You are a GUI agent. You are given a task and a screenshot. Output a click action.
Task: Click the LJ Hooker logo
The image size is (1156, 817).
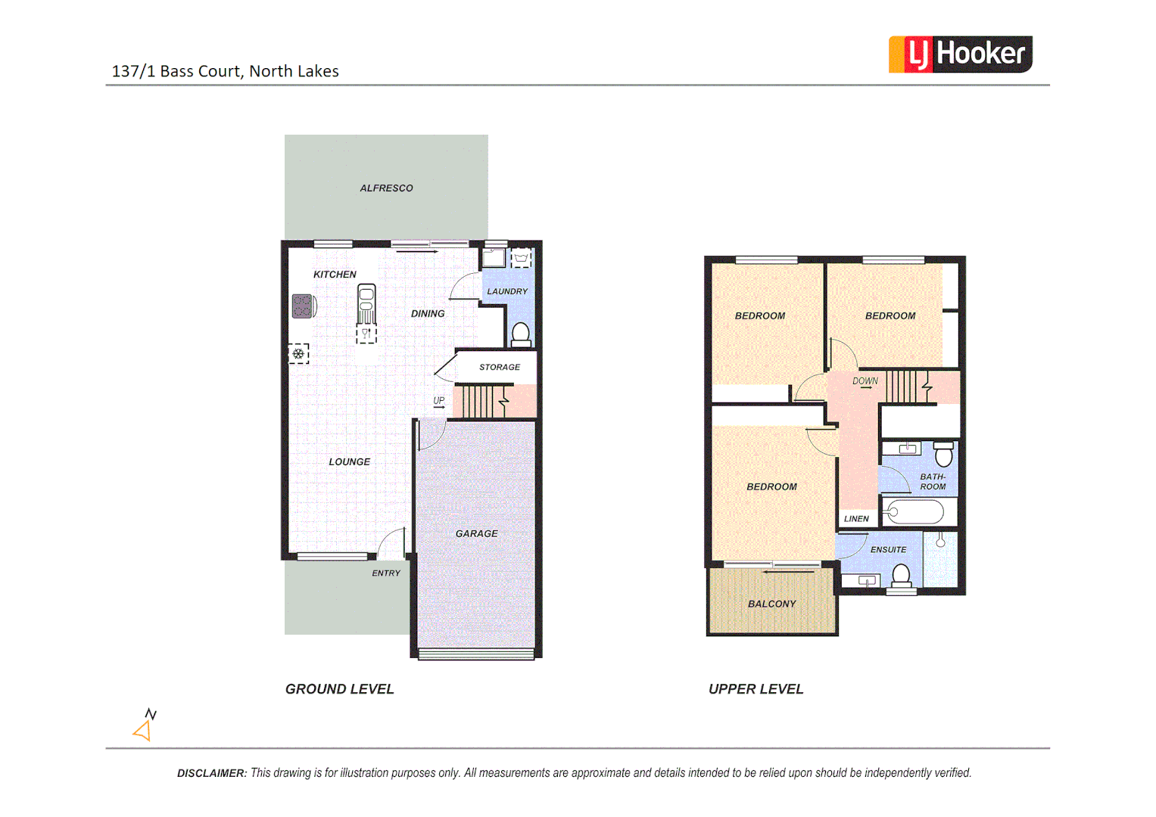(x=960, y=54)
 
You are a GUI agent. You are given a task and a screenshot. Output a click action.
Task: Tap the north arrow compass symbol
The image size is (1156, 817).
(x=145, y=725)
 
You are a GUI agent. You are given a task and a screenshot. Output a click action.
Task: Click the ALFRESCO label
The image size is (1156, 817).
(x=386, y=188)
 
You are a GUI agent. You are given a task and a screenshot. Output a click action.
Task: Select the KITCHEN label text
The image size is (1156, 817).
(x=335, y=275)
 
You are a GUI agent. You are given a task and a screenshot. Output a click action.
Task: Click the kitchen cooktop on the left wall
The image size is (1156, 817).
(x=303, y=306)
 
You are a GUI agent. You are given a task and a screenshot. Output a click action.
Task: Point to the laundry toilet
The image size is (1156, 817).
(x=521, y=334)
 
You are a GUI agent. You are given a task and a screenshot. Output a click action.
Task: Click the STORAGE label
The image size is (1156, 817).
(x=500, y=368)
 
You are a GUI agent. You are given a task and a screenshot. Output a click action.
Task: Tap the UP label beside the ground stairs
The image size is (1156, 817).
(x=439, y=401)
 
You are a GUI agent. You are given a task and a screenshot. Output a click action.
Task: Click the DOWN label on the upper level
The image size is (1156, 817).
(x=865, y=381)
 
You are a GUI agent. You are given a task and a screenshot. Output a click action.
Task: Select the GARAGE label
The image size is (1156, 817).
(x=476, y=534)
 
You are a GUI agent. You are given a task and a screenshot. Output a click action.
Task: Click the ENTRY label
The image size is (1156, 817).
(x=386, y=573)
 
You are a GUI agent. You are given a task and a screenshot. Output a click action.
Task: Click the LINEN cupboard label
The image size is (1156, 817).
(x=856, y=519)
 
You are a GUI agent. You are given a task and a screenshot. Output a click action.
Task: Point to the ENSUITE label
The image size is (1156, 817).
(x=888, y=550)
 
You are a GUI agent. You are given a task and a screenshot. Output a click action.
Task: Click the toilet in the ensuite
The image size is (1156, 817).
(x=901, y=577)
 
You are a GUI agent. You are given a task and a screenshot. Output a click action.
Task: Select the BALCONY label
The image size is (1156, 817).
(x=771, y=604)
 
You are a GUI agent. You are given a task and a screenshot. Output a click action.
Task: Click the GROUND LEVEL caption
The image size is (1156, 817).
(x=339, y=689)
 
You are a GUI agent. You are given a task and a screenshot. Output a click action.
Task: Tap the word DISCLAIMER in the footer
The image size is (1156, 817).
(x=211, y=773)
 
